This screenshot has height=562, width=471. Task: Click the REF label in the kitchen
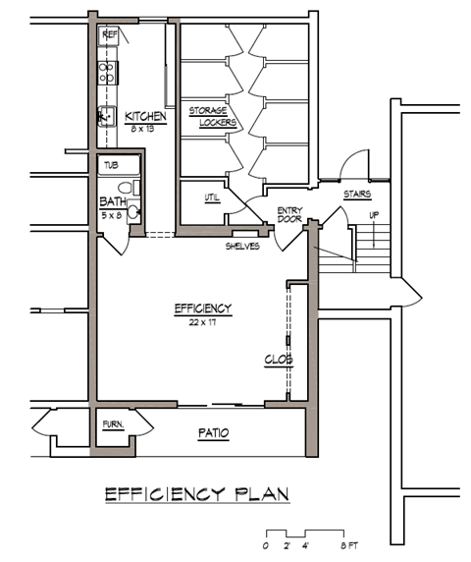pos(110,34)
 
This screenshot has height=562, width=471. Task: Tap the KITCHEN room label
pos(145,117)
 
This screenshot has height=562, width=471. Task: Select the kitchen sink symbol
pos(105,117)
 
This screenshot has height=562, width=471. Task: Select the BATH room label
pos(112,202)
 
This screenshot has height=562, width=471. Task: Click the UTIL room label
pos(212,197)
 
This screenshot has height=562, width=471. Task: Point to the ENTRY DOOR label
pos(289,214)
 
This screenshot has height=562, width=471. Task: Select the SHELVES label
pos(242,246)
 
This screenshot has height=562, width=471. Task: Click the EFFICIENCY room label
pos(203,309)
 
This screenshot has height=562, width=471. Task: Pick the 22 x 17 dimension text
pos(203,321)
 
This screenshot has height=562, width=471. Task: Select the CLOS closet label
pos(278,360)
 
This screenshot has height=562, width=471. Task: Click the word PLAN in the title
pos(257,492)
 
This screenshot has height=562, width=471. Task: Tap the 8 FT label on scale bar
pos(350,544)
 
